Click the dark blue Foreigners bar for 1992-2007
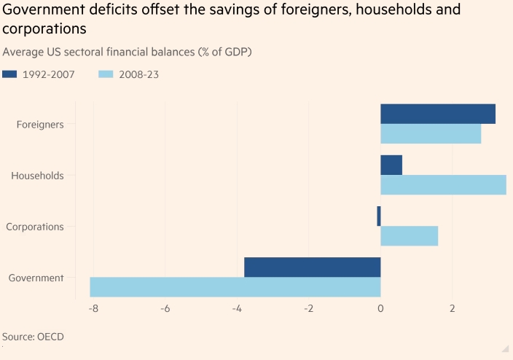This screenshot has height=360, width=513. (x=438, y=114)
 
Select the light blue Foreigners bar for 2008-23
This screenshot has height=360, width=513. (x=431, y=133)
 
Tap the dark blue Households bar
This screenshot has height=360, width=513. (x=391, y=165)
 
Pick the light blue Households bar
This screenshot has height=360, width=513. (x=443, y=185)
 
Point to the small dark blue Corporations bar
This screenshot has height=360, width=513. (x=379, y=216)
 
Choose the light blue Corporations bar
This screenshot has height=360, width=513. (x=410, y=236)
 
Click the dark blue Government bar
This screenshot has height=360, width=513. (x=313, y=267)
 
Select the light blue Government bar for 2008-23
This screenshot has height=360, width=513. (x=235, y=287)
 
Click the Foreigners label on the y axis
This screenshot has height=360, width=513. (x=40, y=124)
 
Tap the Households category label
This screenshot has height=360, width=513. (x=38, y=176)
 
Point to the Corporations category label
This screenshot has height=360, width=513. (x=35, y=227)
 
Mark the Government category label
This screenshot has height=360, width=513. (x=36, y=278)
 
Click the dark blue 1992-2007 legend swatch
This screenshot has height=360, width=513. (x=12, y=74)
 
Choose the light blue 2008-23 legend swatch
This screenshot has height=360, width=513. (x=107, y=74)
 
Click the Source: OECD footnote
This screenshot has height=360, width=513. (x=34, y=337)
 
